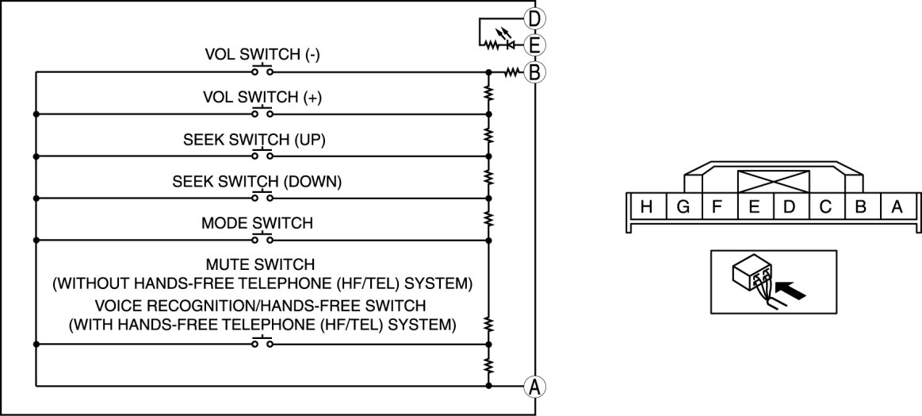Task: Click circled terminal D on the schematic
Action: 535,18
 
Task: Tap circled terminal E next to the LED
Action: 535,45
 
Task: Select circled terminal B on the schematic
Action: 535,72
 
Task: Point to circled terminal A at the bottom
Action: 535,387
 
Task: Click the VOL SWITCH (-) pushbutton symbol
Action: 262,71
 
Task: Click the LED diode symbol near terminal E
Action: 511,45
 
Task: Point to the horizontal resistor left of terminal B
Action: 511,72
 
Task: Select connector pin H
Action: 647,208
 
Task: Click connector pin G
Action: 683,208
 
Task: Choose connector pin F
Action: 717,208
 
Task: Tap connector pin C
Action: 825,208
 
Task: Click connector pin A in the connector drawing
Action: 897,208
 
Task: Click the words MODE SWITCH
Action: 257,223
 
